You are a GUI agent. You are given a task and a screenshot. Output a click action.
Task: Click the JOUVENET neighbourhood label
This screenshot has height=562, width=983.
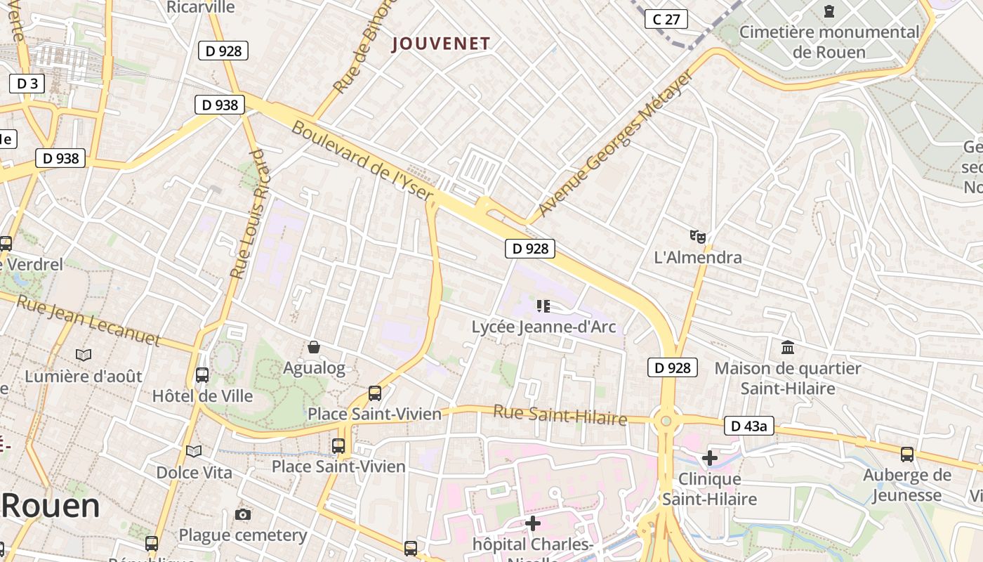click(x=441, y=44)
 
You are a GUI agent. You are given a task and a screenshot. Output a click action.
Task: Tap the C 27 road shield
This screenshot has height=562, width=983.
click(x=666, y=19)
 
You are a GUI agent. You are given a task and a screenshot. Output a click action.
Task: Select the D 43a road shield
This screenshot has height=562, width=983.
click(x=748, y=426)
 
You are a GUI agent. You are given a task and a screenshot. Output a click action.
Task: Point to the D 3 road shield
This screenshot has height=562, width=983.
click(x=27, y=84)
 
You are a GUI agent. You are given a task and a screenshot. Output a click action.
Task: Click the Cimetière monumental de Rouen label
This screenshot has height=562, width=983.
click(x=829, y=41)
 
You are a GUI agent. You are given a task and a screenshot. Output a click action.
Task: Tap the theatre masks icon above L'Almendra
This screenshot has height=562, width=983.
click(x=697, y=236)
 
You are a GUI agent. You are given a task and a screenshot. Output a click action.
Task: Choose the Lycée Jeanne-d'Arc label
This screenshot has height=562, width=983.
click(x=543, y=327)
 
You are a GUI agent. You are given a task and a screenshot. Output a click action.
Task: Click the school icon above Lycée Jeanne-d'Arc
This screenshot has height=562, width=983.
click(x=543, y=306)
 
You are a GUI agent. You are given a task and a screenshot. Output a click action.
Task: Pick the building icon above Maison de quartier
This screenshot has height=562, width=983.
click(x=788, y=347)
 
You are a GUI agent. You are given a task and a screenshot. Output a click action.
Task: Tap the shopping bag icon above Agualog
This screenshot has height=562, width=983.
click(x=314, y=347)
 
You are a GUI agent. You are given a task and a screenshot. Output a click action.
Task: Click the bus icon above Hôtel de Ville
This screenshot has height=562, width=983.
click(x=202, y=374)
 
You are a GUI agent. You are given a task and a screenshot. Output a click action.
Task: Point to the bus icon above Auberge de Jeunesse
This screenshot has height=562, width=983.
click(x=907, y=454)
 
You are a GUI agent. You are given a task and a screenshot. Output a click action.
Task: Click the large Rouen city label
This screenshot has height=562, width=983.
click(x=51, y=506)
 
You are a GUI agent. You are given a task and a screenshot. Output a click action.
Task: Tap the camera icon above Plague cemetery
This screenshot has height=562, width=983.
click(x=243, y=515)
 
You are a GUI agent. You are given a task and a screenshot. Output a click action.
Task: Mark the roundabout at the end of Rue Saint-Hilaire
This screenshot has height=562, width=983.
click(x=666, y=421)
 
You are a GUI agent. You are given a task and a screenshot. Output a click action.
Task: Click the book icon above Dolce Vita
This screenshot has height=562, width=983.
click(x=194, y=451)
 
